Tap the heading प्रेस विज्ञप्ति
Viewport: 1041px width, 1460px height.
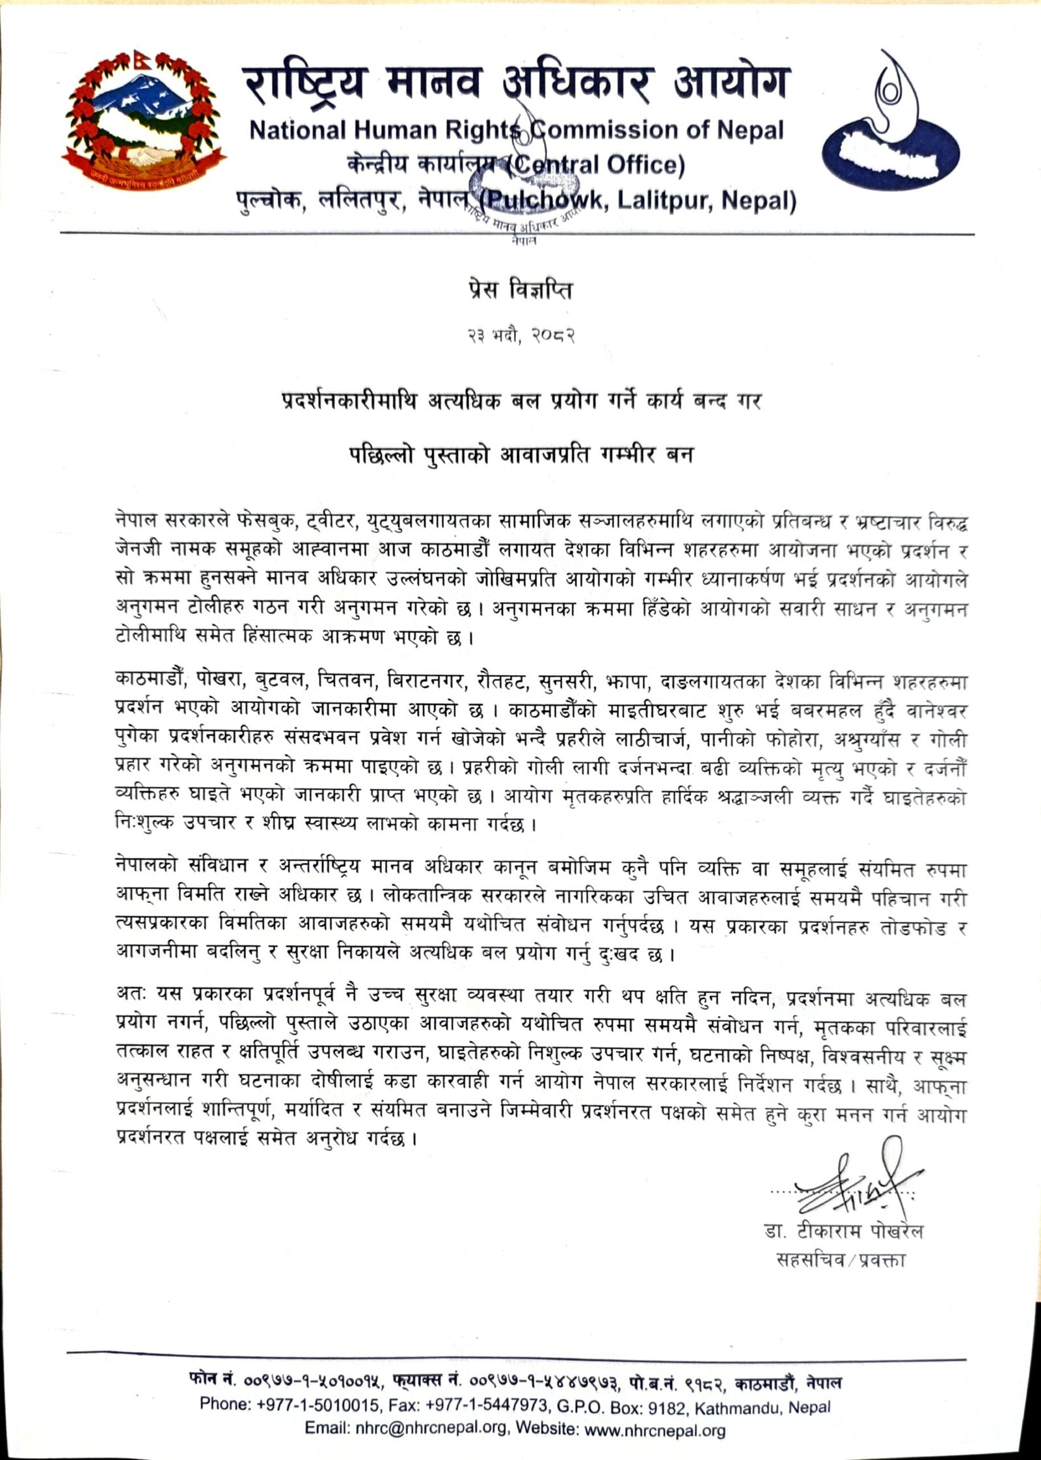[x=520, y=291]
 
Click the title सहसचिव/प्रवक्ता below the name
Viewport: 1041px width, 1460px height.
[x=841, y=1260]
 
